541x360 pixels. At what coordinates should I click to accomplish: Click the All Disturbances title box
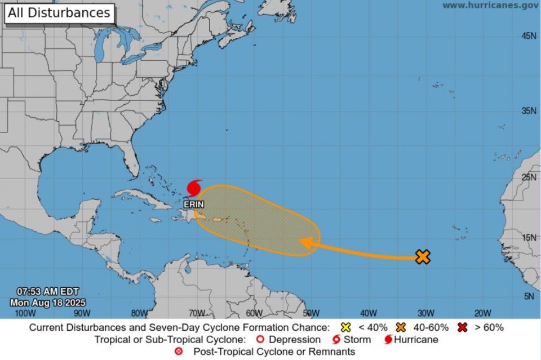coord(59,13)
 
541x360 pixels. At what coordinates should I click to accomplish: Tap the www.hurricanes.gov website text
coord(489,5)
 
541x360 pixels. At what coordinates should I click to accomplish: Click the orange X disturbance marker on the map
coord(423,257)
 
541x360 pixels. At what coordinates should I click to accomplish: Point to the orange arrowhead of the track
coord(306,242)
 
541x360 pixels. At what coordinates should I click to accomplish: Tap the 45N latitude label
coord(529,35)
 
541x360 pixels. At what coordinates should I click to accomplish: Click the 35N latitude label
coord(529,111)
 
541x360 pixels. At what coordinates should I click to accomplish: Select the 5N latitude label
coord(530,296)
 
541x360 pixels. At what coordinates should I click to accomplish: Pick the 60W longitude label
coord(254,313)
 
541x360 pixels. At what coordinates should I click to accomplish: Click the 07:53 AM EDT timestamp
coord(47,292)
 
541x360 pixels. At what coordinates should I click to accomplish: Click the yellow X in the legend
coord(346,327)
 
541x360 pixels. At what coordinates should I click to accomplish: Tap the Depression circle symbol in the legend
coord(260,340)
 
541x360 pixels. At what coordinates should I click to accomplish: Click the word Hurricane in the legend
coord(416,340)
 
